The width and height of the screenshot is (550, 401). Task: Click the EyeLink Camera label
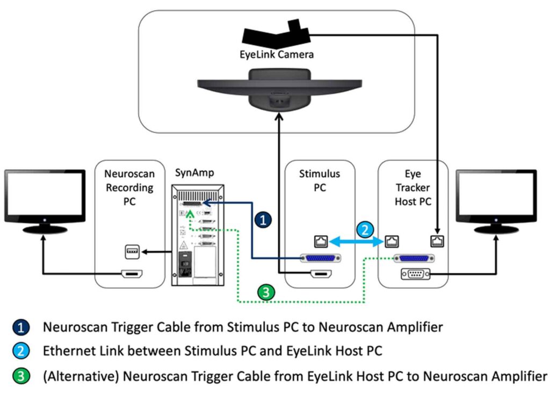277,55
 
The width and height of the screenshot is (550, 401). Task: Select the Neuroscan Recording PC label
129,188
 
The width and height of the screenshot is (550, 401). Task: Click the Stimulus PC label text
320,181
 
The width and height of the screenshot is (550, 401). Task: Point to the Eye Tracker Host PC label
413,188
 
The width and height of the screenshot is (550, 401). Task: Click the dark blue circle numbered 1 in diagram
263,219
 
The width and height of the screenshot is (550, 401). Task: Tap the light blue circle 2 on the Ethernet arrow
364,230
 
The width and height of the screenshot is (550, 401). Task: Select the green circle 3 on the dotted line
265,293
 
